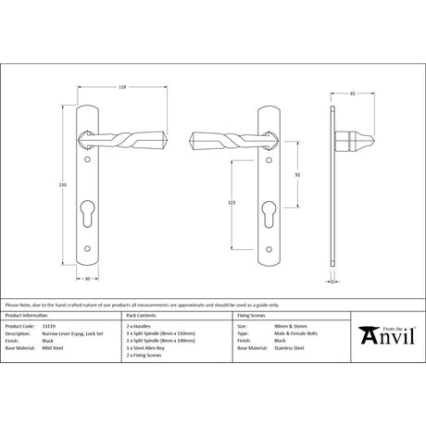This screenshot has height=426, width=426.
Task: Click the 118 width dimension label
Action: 123,90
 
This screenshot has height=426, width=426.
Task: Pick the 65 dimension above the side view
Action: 352,94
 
